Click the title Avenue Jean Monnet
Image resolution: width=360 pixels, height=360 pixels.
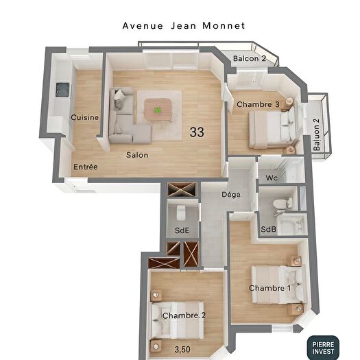coord(183,25)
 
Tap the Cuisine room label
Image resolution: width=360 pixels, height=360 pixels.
coord(84,117)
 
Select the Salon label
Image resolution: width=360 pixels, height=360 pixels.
coord(137,154)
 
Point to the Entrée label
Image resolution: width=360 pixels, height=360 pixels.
coord(86,167)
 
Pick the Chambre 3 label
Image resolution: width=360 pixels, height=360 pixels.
coord(258,104)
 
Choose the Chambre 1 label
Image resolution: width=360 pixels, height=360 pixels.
coord(269,288)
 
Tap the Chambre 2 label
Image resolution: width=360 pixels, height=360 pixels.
coord(184,315)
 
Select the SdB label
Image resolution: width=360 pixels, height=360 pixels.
coord(268,228)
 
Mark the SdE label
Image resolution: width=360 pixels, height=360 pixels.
coord(182,230)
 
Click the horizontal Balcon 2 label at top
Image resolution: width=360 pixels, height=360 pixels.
coord(249,58)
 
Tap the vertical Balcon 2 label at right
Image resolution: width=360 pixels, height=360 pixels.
coord(317,135)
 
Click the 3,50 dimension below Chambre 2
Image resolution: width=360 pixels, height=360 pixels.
coord(182,350)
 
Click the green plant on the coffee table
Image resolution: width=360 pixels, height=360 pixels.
coord(158,109)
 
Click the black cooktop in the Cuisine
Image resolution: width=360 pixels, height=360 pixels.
coord(63,89)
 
